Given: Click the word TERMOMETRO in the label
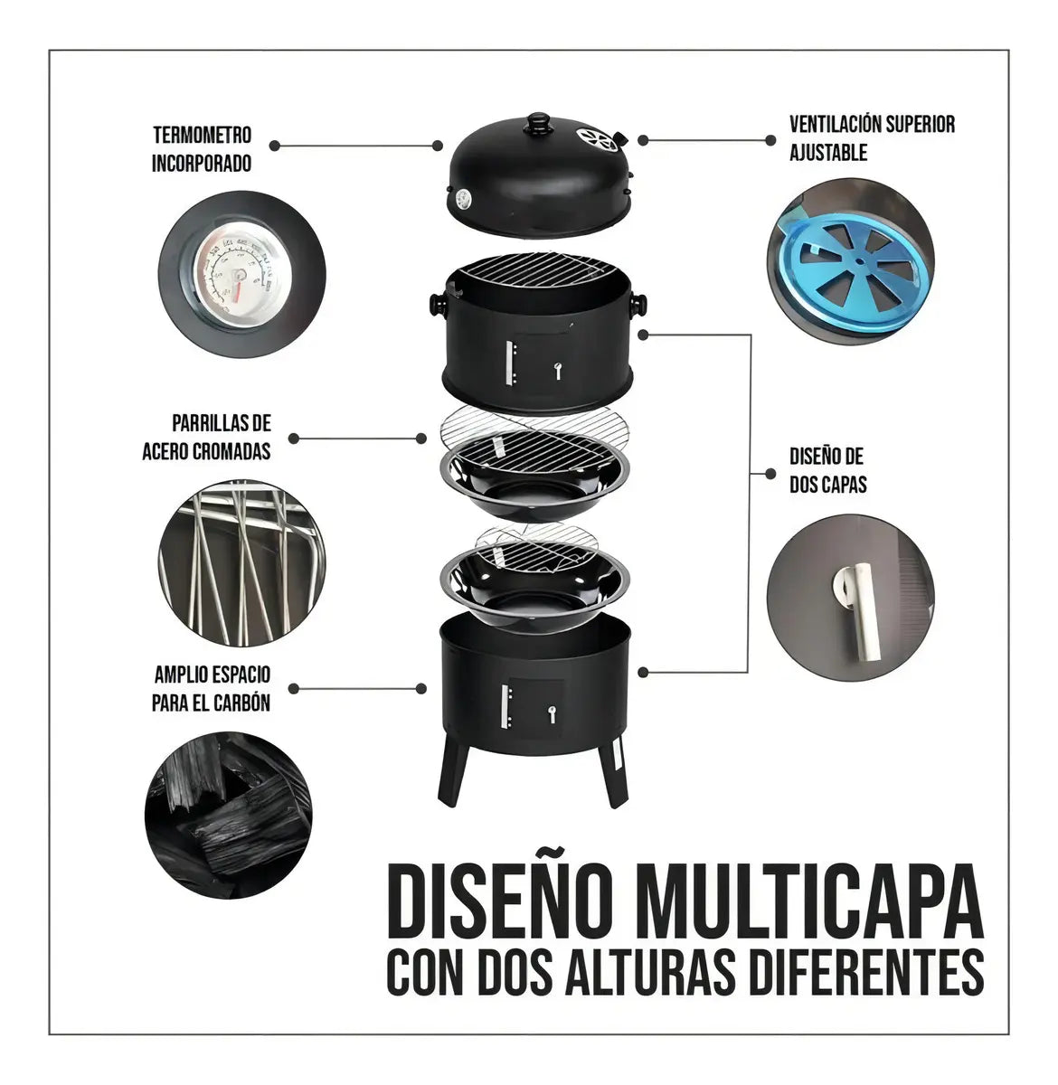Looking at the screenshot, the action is coord(202,136).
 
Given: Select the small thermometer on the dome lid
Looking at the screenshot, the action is coord(464,199).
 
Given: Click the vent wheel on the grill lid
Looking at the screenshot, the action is coord(596,139).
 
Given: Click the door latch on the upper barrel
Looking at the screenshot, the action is coord(558,370).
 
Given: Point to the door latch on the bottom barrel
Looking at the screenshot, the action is coord(552,714).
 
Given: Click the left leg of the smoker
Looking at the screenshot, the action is coord(453,772).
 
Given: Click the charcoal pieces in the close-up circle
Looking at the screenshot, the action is coord(228,815).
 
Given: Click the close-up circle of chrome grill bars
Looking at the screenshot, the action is coord(241,562).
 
